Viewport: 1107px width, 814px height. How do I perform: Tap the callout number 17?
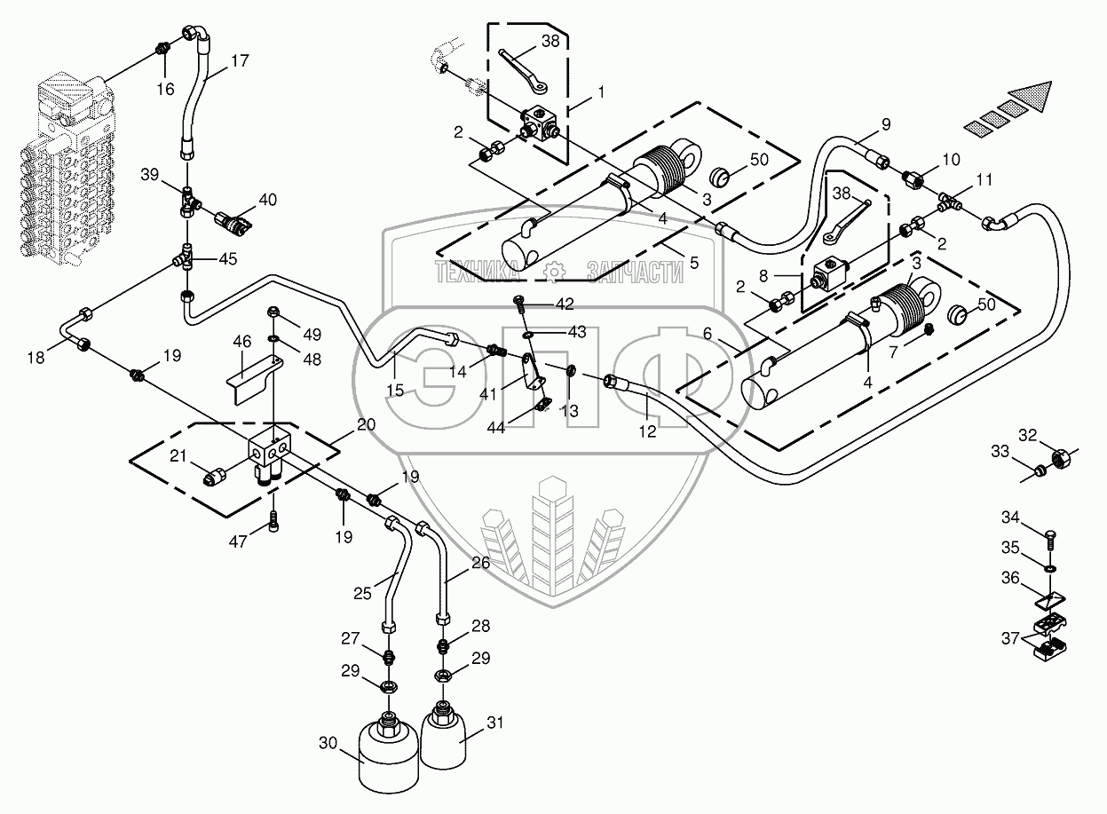[240, 63]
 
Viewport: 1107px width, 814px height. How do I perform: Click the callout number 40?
[267, 200]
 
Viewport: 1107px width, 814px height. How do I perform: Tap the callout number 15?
[394, 389]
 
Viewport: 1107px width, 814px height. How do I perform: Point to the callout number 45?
[227, 259]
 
